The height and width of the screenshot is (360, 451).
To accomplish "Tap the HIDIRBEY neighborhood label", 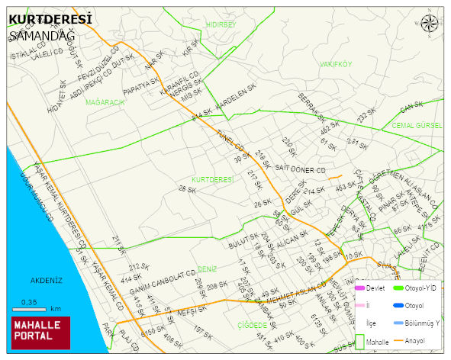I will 221,25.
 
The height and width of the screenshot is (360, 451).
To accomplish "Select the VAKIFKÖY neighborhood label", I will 336,64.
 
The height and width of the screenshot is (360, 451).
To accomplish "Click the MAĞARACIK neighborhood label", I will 105,102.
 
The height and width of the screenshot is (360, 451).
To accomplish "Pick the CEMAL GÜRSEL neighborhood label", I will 417,124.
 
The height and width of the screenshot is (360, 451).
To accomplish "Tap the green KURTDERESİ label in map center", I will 211,179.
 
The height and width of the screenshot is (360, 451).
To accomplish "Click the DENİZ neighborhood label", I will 207,268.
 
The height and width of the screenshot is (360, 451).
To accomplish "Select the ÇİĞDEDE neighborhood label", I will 251,325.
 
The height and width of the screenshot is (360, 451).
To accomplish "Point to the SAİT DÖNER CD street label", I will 300,169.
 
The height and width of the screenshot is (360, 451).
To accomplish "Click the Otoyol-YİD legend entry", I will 420,288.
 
